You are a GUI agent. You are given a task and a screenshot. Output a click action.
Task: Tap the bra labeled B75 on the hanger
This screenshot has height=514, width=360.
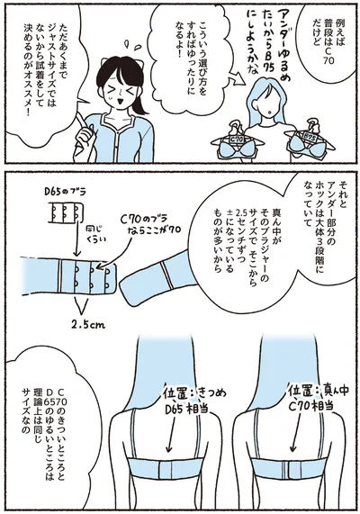click(x=304, y=141)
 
